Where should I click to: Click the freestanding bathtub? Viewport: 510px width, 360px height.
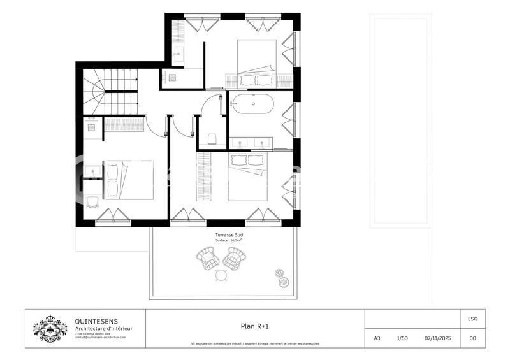point(253,103)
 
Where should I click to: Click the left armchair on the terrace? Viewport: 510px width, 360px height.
point(207,259)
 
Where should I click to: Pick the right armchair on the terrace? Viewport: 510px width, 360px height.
point(235,259)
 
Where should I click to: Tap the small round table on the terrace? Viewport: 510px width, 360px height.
point(221,275)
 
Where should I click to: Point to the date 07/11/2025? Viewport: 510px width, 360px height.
point(437,338)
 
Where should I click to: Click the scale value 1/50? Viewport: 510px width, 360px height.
point(402,338)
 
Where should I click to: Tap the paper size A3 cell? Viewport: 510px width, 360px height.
point(377,338)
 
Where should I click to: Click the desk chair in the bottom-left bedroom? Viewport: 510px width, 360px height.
point(92,202)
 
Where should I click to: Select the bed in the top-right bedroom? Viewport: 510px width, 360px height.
point(256,64)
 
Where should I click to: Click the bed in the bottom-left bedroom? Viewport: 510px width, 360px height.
point(129,180)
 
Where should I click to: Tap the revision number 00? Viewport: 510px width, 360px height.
point(472,338)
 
